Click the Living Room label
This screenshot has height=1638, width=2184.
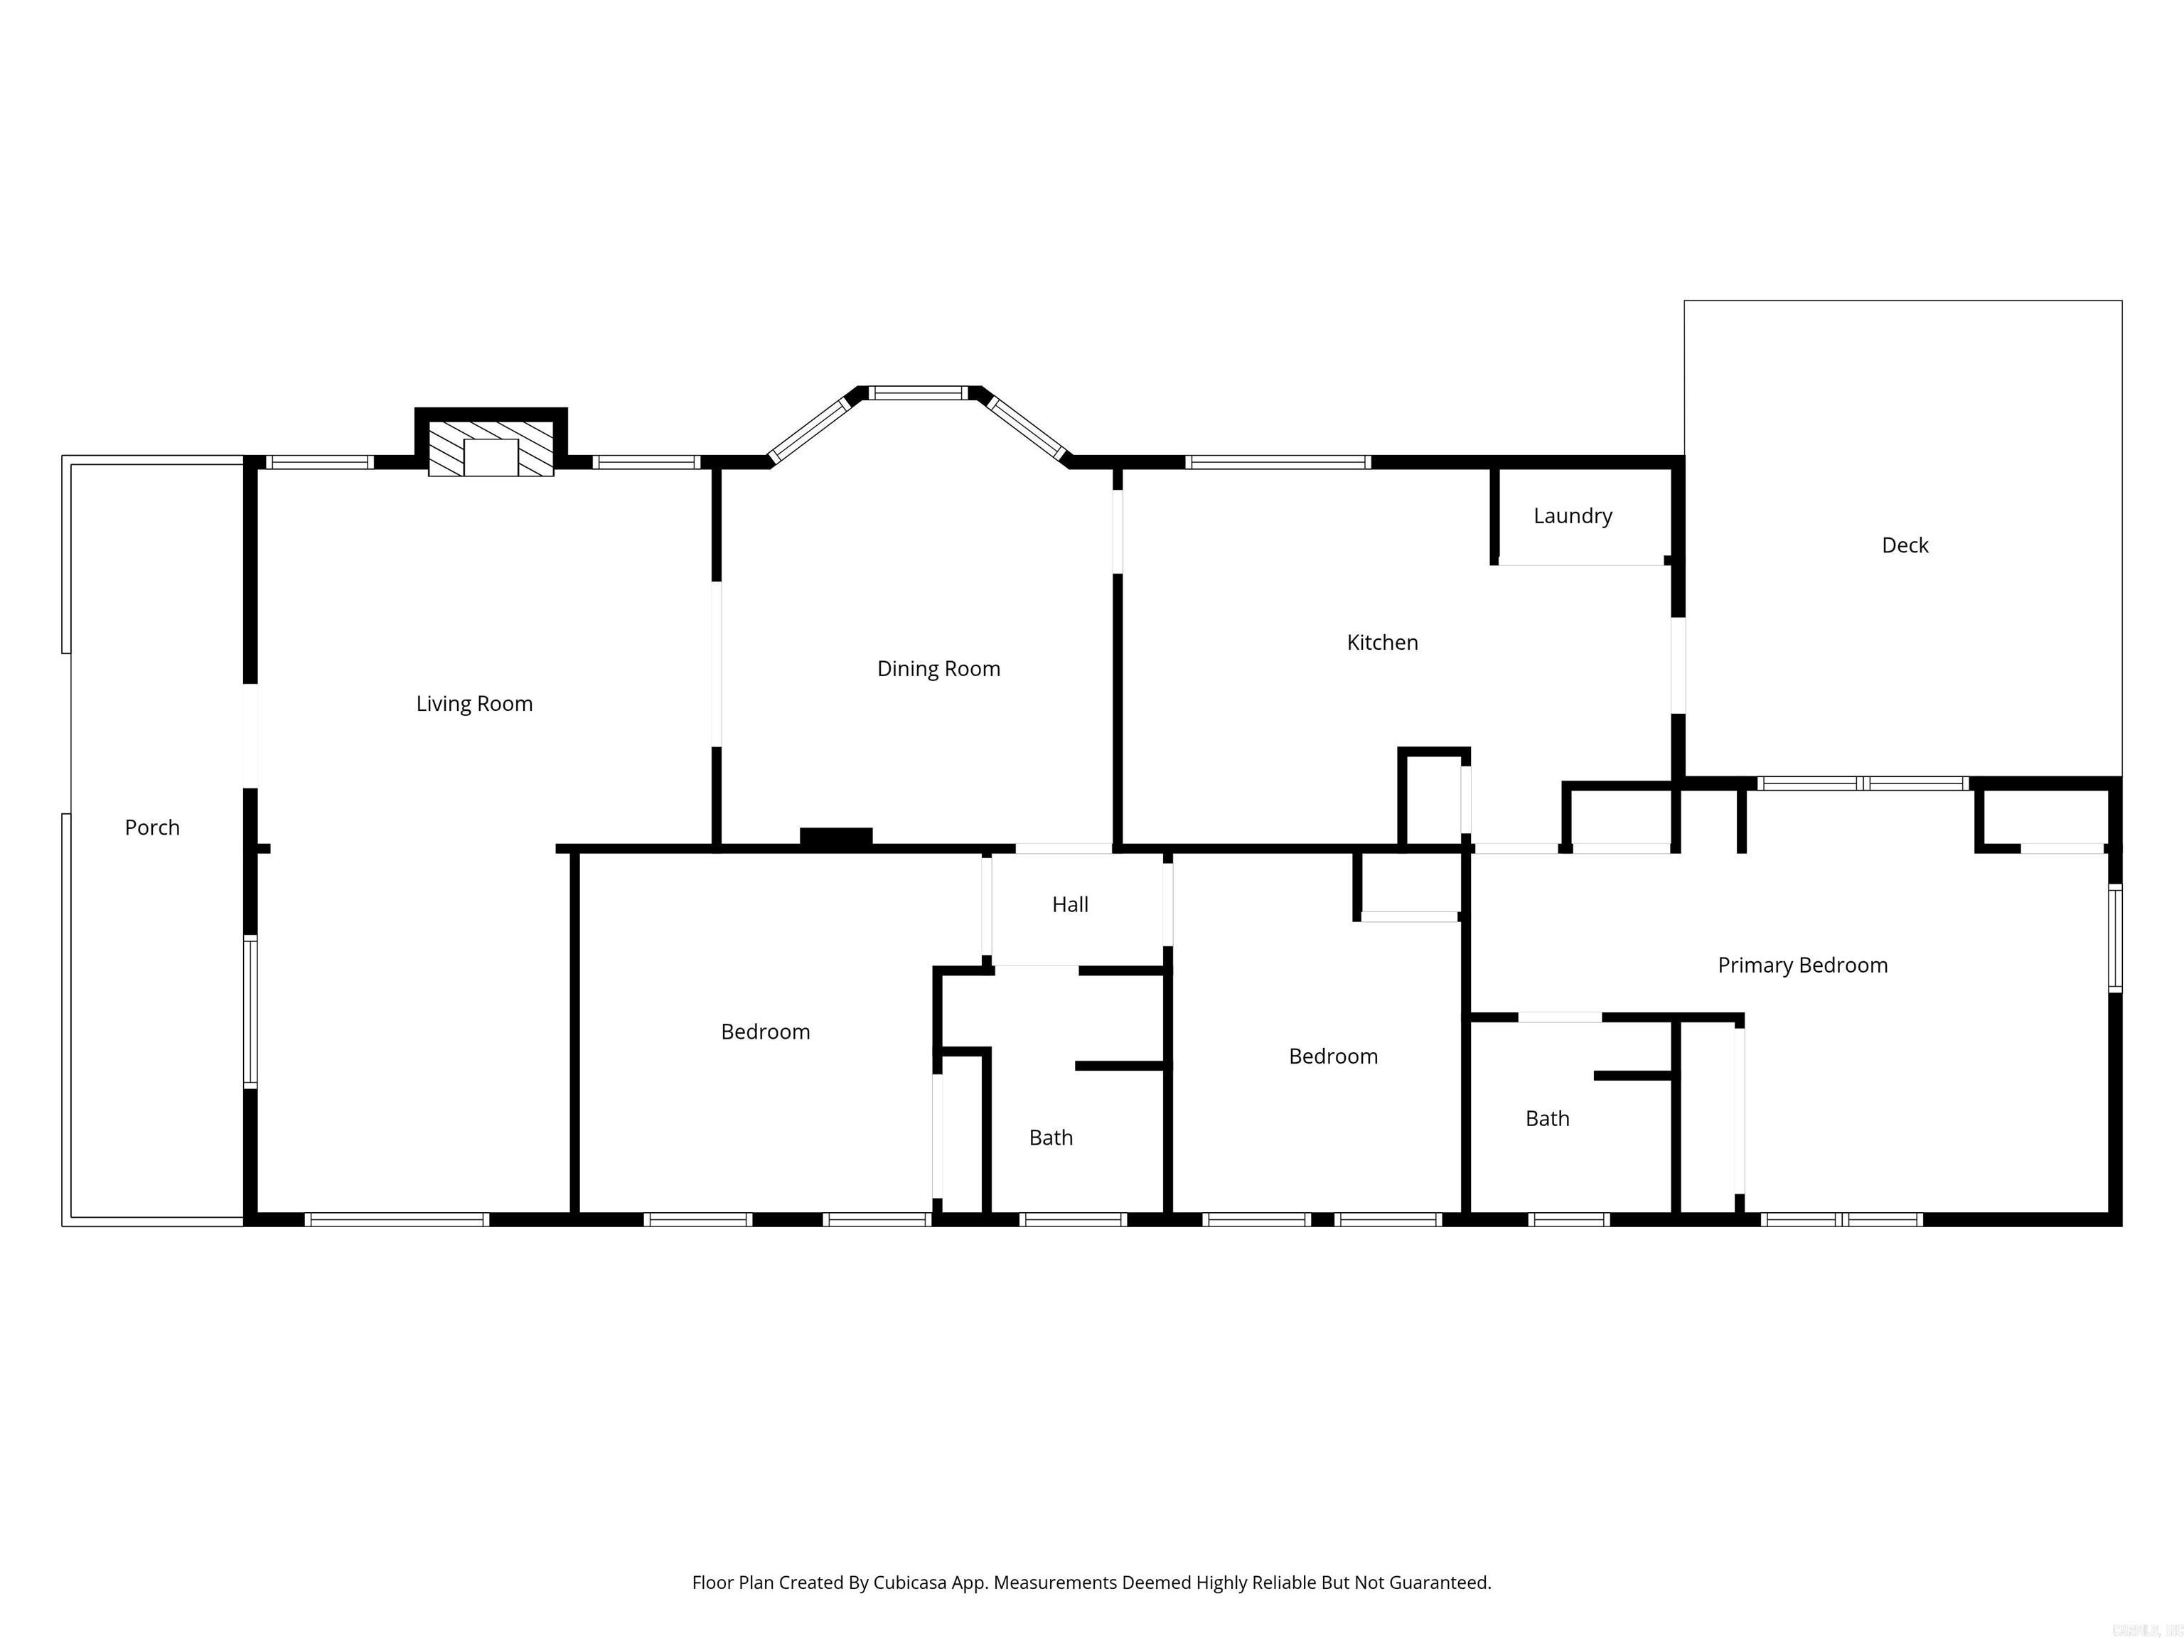coord(474,704)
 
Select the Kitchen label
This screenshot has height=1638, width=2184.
coord(1381,643)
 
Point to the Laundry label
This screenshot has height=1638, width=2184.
coord(1572,516)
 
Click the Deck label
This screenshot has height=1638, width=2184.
coord(1904,546)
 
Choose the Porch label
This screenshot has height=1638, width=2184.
coord(152,828)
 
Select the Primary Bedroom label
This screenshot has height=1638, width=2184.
coord(1802,965)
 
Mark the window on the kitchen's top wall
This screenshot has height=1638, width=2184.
coord(1277,462)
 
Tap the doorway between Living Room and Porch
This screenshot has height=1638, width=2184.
coord(251,736)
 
